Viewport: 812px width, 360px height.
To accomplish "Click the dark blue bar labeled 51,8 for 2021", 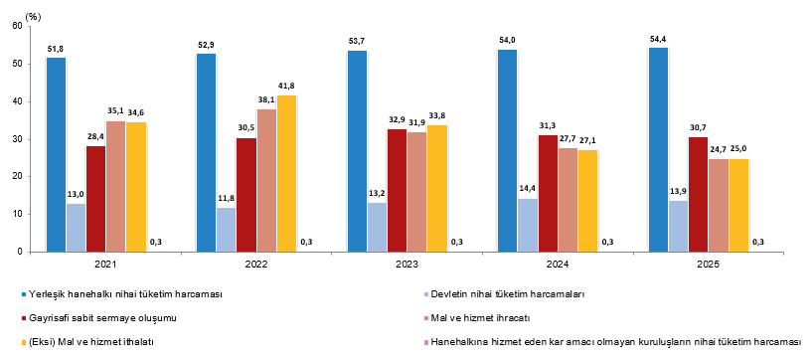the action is [57, 155].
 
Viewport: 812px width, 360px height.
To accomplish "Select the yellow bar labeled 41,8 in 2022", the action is [286, 173].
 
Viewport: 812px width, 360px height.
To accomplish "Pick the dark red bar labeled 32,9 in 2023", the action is [397, 191].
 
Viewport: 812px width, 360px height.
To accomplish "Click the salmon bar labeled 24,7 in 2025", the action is [719, 206].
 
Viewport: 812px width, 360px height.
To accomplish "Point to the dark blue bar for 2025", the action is [658, 150].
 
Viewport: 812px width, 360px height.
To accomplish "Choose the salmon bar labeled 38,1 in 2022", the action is [266, 181].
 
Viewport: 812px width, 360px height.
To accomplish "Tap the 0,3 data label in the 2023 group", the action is [457, 242].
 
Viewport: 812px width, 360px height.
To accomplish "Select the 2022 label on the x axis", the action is [256, 264].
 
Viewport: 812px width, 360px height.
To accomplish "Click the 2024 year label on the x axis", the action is [558, 264].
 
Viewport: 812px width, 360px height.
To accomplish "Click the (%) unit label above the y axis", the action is [33, 17].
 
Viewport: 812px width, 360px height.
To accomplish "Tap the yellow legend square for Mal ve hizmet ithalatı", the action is [24, 342].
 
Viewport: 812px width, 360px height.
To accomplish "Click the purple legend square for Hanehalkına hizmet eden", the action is [426, 342].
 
